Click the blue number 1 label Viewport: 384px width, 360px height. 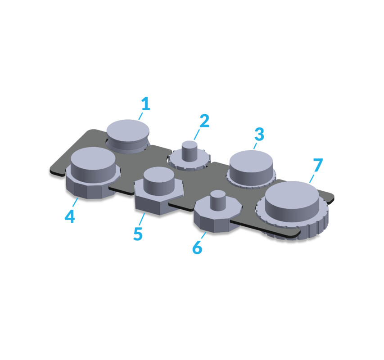[x=146, y=103]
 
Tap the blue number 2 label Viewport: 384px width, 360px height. [x=204, y=121]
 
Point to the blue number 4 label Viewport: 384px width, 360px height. [x=70, y=216]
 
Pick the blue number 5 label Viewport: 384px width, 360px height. [x=138, y=234]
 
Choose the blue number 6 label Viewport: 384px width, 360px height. [x=197, y=247]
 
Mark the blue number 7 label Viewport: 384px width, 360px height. [x=318, y=165]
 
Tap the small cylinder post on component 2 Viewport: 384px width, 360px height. [x=190, y=151]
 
